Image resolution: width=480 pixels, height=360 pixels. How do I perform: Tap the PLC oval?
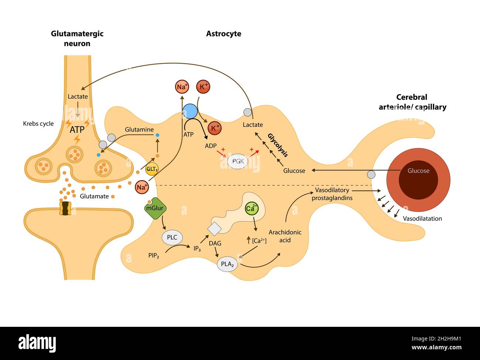coord(172,237)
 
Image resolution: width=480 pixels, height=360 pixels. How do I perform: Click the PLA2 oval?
coord(227,264)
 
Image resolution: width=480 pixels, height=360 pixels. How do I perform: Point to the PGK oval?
coord(238,161)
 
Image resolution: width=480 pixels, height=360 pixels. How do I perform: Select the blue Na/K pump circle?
coord(190,111)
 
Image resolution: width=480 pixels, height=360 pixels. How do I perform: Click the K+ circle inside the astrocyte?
coord(215,128)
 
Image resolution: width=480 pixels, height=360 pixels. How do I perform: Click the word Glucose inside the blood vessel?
coord(418,171)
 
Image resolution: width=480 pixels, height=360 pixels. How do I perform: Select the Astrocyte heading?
coord(223,34)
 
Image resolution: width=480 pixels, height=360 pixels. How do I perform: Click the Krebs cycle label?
coord(38,124)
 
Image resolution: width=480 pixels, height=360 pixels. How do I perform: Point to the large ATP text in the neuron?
coord(77,130)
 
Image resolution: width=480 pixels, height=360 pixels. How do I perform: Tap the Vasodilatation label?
coord(422,218)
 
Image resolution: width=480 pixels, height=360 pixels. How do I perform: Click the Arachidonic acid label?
coord(285,236)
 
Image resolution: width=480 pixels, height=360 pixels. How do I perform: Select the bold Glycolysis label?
coord(277,145)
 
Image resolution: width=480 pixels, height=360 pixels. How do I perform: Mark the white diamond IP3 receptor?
coord(214,228)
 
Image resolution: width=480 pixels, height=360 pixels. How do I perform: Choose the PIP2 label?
coord(154,255)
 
